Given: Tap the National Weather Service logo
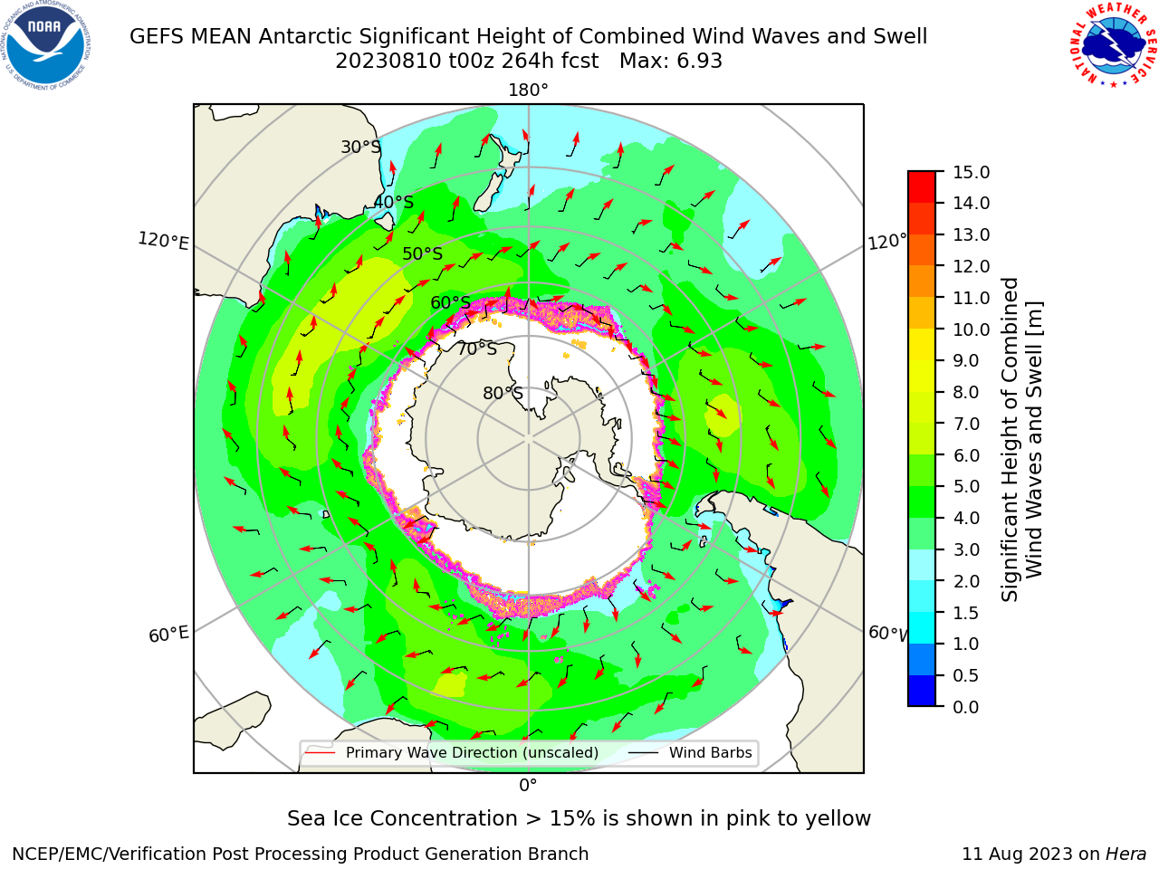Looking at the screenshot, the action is point(1113,45).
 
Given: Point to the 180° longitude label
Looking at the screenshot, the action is point(528,91).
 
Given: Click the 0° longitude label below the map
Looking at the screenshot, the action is point(528,786).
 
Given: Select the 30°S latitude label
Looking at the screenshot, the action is point(361,147).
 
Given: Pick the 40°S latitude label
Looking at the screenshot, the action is point(394,202).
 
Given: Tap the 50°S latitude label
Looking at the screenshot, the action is point(423,253).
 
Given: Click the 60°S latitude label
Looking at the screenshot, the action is point(450,303).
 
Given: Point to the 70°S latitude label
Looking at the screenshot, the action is point(477,349).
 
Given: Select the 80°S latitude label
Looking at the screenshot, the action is point(503,393).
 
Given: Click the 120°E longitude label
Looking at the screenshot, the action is point(163,241).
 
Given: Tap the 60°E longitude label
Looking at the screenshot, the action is point(168,635).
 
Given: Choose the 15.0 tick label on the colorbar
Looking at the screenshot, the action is point(971,172).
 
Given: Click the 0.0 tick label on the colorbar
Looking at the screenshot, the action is point(966,707).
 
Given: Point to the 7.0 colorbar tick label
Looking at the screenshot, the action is point(966,424).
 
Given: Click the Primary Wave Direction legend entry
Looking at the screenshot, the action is point(453,752).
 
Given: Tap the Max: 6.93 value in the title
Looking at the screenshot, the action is point(671,62).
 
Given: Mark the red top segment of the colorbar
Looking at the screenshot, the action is point(922,187).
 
